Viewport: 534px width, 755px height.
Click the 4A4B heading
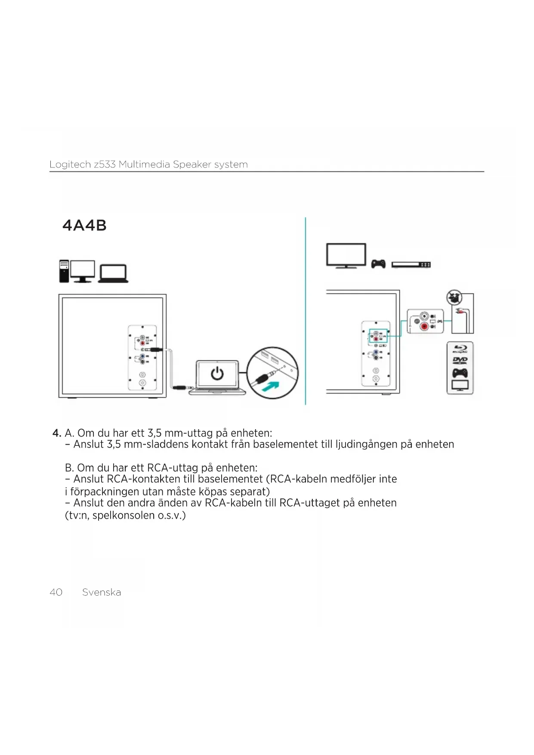pyautogui.click(x=84, y=225)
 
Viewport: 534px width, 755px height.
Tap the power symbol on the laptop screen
pyautogui.click(x=217, y=374)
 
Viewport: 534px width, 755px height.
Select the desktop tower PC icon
pyautogui.click(x=64, y=271)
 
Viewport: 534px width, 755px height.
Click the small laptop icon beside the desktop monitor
pyautogui.click(x=113, y=274)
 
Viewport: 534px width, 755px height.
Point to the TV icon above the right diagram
pyautogui.click(x=346, y=255)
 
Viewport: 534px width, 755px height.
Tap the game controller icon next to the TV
pyautogui.click(x=378, y=263)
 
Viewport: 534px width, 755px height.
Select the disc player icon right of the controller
pyautogui.click(x=411, y=264)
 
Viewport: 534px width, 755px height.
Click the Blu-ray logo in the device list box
pyautogui.click(x=460, y=349)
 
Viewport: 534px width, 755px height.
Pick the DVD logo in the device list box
pyautogui.click(x=460, y=360)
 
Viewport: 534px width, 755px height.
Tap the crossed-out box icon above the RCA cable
pyautogui.click(x=454, y=297)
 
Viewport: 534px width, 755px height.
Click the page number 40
pyautogui.click(x=56, y=592)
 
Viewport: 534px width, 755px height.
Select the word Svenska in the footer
pyautogui.click(x=102, y=592)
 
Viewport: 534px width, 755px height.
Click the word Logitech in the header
pyautogui.click(x=70, y=164)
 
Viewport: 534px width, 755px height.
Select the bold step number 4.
pyautogui.click(x=56, y=433)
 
